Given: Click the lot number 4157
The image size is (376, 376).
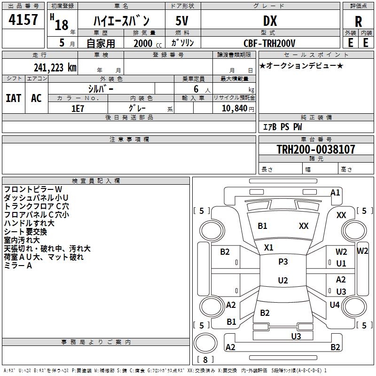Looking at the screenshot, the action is [x=23, y=19].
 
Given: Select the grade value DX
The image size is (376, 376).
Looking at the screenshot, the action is [x=270, y=21].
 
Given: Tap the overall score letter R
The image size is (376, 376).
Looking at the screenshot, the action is [x=358, y=22].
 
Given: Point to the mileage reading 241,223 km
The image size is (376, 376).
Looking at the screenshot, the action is [x=55, y=68].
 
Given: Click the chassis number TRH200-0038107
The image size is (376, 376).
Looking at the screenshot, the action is [x=316, y=149].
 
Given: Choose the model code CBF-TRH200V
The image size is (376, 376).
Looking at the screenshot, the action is [x=269, y=43].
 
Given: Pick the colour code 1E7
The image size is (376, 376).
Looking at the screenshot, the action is [x=78, y=109].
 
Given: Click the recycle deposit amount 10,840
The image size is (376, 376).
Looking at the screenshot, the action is [x=235, y=109].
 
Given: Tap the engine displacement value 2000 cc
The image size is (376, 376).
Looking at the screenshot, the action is [x=148, y=43].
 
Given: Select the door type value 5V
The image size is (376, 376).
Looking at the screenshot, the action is [x=182, y=21].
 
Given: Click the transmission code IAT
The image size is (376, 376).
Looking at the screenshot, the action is [x=14, y=98].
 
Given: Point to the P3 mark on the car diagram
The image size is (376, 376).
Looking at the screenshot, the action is [x=283, y=262].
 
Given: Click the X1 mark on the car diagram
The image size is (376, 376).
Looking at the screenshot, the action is [x=268, y=248].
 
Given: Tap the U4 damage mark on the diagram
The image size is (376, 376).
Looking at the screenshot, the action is [x=335, y=305].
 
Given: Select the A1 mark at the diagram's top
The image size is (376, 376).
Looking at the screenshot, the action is [x=335, y=193].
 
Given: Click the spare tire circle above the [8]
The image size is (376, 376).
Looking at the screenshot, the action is [x=205, y=343].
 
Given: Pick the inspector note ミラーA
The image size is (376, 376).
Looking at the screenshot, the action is [x=18, y=266].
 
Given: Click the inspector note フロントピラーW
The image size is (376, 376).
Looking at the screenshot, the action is [x=33, y=189].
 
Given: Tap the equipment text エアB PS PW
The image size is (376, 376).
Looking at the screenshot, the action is [x=282, y=127].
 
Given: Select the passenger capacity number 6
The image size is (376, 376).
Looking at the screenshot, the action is [x=196, y=89].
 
